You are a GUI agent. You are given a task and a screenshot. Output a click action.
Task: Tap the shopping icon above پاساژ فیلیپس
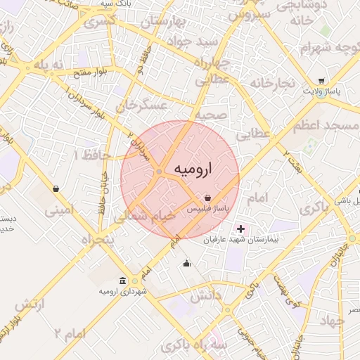tap(207, 199)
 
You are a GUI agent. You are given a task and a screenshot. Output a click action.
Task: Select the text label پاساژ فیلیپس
tap(207, 210)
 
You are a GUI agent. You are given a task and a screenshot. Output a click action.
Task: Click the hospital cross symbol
tap(241, 229)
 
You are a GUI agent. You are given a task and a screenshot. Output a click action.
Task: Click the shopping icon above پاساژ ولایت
tap(321, 81)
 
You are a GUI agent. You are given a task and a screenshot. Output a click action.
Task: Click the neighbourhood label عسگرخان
tap(143, 105)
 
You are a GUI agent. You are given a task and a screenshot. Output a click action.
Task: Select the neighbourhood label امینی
tap(59, 210)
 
